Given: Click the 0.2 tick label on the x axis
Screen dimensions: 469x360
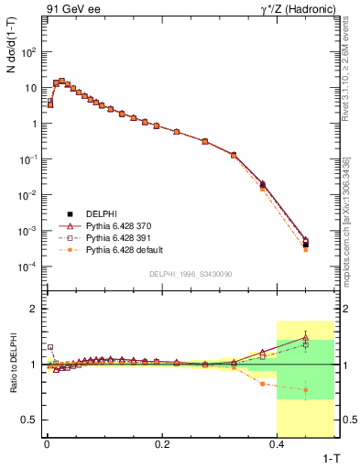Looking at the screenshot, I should click(x=162, y=444).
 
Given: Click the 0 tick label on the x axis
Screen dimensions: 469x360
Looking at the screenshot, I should click(x=47, y=444).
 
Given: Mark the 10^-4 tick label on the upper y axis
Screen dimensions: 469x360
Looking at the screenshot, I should click(x=28, y=267).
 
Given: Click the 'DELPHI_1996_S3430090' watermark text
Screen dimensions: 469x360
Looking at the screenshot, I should click(x=190, y=274).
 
